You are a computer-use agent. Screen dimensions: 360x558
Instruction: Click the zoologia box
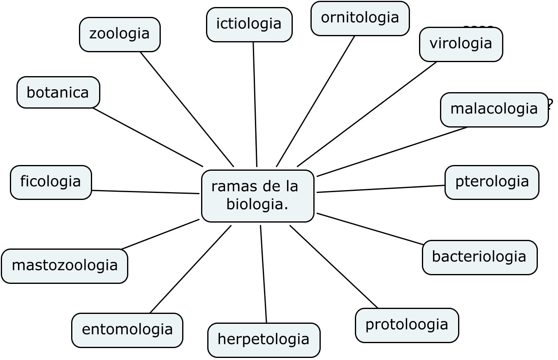[120, 35]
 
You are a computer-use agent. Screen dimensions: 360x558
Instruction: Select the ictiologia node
[249, 25]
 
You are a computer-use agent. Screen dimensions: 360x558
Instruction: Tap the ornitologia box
[360, 19]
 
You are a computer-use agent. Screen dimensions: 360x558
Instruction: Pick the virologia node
[461, 44]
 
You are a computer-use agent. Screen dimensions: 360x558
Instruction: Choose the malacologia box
[494, 109]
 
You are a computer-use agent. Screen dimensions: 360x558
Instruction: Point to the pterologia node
[492, 182]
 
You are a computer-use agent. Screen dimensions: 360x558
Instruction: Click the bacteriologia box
[479, 257]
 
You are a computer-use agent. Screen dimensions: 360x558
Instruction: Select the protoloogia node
[407, 325]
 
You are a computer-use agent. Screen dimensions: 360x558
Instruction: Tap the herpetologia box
[264, 340]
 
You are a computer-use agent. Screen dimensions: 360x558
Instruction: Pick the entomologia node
[127, 330]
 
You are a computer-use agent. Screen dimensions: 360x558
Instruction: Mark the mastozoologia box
[65, 266]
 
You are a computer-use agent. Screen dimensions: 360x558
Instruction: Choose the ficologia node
[51, 182]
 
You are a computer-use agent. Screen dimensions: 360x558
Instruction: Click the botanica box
[58, 93]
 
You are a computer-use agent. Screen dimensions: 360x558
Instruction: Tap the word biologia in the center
[257, 204]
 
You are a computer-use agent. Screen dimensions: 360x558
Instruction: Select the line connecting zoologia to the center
[187, 109]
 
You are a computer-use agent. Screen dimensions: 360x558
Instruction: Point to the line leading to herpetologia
[264, 274]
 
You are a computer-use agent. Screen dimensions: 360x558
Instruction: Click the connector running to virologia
[367, 114]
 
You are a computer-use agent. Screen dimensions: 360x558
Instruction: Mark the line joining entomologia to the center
[191, 269]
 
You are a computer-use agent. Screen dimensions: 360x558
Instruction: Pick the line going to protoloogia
[333, 266]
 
